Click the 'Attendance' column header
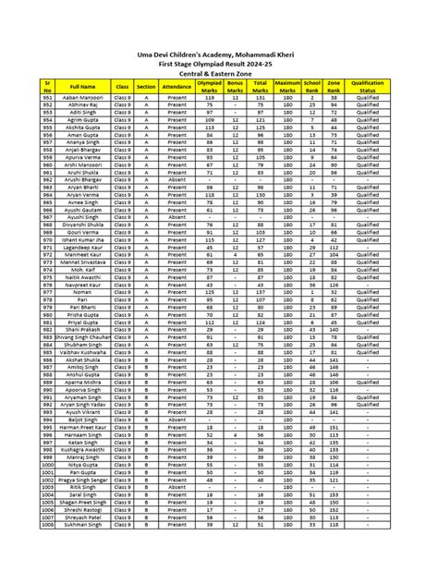176,86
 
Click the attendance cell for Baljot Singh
176,420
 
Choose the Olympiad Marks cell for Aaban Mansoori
209,98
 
